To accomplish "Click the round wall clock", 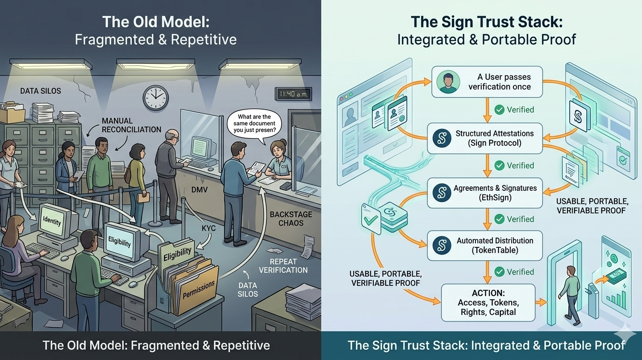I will point(156,97).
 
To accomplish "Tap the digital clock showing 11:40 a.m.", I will point(292,94).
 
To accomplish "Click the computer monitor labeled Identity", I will point(53,221).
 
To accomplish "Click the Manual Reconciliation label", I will point(131,125).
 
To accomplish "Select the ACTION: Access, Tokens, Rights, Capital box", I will point(488,302).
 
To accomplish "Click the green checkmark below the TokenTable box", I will point(499,272).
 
